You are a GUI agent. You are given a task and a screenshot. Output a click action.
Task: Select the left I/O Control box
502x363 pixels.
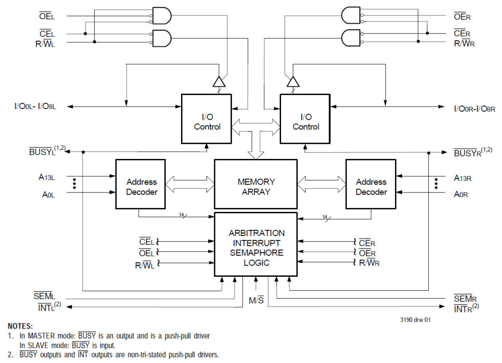pos(207,119)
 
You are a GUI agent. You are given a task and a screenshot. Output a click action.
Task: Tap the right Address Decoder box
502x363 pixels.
pos(371,184)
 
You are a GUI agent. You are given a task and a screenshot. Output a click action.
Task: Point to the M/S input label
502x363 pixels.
pos(256,300)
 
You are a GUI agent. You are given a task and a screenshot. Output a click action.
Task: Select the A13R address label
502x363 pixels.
pos(462,178)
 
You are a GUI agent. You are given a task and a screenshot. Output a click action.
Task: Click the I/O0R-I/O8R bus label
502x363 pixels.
pos(474,108)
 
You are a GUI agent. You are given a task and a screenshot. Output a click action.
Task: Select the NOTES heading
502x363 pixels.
pos(20,327)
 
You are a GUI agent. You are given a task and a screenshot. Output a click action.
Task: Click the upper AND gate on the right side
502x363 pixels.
pos(350,16)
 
